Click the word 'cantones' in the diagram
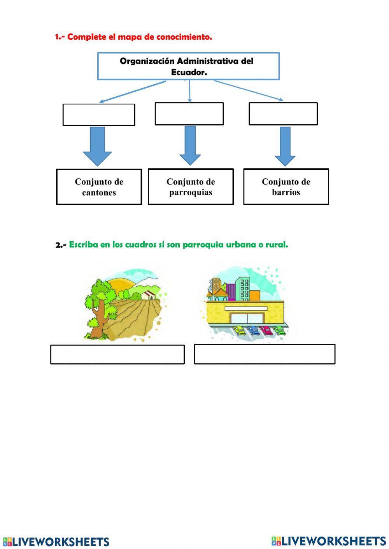point(99,193)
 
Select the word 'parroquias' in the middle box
point(191,192)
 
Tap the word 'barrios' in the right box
point(286,192)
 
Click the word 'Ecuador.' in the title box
point(189,72)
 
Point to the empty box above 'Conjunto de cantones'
point(99,115)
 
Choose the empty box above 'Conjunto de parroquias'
point(189,114)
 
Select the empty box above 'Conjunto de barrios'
point(283,114)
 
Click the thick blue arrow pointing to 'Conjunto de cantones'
point(97,146)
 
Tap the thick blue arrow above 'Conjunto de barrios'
point(285,146)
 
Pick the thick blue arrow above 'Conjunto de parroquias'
point(190,145)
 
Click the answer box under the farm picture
point(117,354)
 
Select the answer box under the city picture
point(265,354)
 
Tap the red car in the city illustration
point(266,331)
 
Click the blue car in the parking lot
point(253,331)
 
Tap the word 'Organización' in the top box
point(147,61)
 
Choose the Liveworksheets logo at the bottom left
point(56,542)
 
